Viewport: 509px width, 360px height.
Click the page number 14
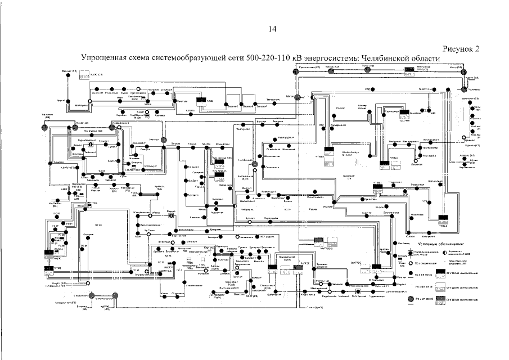click(x=273, y=29)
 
